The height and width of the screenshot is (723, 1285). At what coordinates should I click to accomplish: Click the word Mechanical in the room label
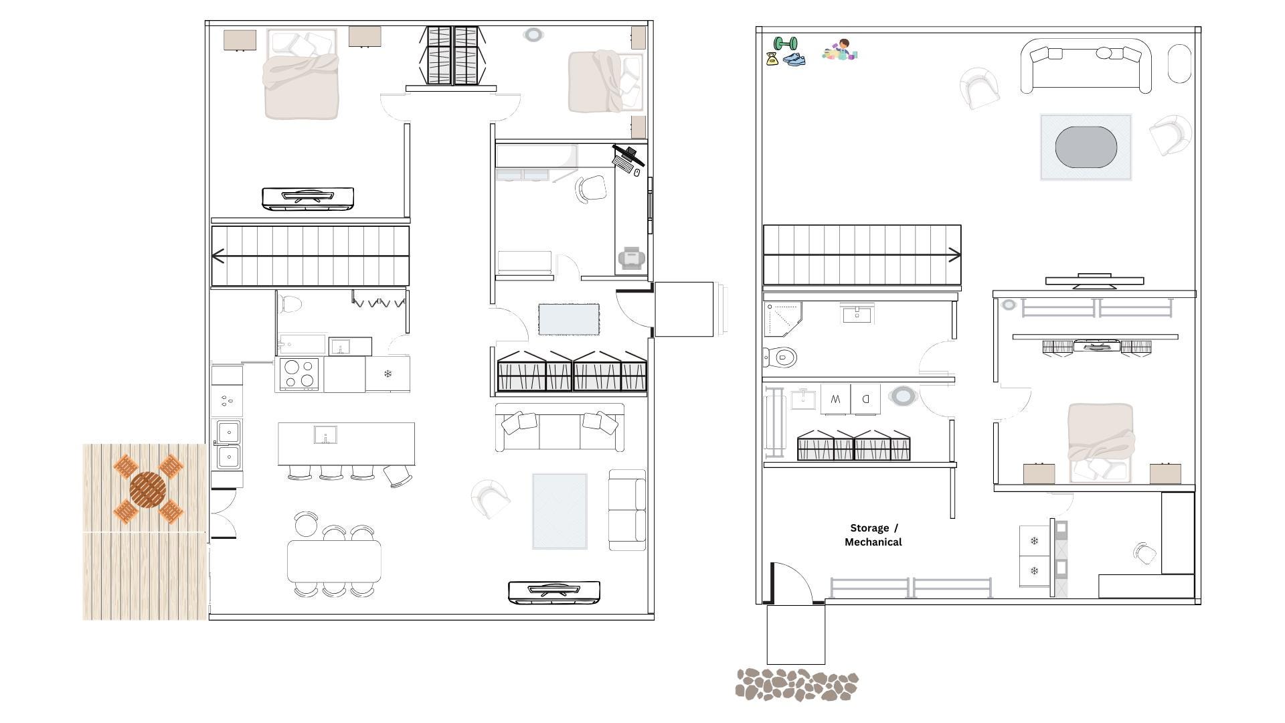click(x=873, y=542)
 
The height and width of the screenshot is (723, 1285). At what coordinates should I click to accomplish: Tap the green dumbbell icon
click(x=785, y=44)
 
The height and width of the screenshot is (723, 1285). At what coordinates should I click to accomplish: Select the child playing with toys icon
click(x=841, y=50)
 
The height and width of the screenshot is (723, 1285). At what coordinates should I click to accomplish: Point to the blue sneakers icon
click(x=794, y=60)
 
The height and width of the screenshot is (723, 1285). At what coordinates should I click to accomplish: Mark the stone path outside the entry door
click(x=796, y=685)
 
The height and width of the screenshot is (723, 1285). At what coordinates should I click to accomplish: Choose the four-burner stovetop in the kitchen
click(x=299, y=374)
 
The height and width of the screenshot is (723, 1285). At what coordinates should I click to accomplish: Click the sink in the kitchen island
click(x=325, y=435)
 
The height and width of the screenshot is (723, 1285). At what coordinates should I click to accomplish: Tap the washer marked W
click(x=835, y=399)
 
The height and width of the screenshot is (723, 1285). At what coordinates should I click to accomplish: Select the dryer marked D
click(x=865, y=399)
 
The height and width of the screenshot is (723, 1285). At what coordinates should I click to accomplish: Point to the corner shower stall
click(x=782, y=319)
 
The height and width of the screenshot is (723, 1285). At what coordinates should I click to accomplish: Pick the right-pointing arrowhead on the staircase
click(x=954, y=254)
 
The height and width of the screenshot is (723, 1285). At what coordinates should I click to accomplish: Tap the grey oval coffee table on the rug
click(x=1086, y=147)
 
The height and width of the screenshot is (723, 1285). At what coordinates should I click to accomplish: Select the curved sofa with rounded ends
click(x=1086, y=65)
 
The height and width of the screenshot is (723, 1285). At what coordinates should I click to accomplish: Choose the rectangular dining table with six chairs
click(x=334, y=561)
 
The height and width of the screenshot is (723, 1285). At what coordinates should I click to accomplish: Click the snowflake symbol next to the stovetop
click(x=388, y=374)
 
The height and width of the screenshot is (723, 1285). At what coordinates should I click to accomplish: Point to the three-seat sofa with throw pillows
click(x=560, y=428)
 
